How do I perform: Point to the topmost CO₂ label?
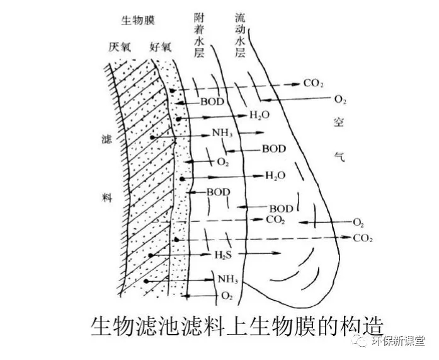313,83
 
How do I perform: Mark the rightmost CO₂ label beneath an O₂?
363,238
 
